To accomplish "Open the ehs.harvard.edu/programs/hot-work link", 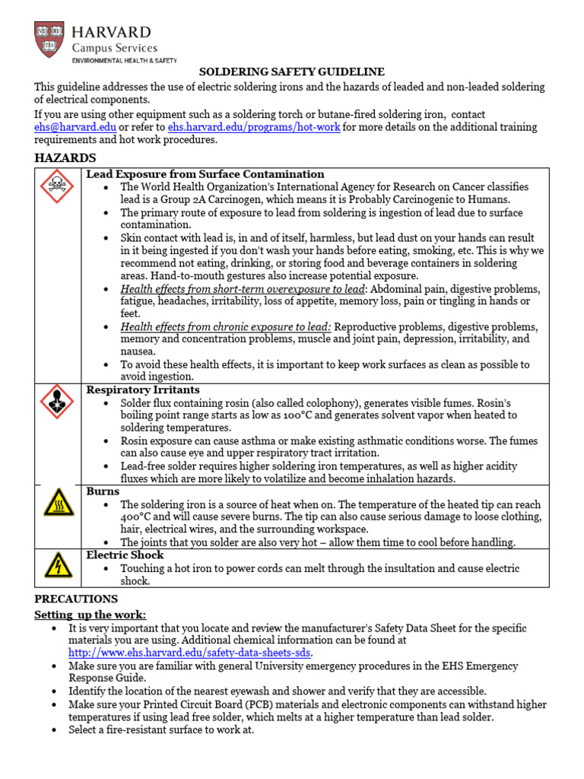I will (x=254, y=127).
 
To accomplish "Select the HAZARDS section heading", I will (x=65, y=157).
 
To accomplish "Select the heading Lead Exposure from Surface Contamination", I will (x=205, y=174).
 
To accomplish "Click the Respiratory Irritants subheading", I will (x=143, y=389).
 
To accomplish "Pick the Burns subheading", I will (x=103, y=491).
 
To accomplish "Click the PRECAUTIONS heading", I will (x=76, y=599).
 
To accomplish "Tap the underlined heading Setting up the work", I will (x=90, y=614).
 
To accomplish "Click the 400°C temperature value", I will (x=137, y=517).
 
